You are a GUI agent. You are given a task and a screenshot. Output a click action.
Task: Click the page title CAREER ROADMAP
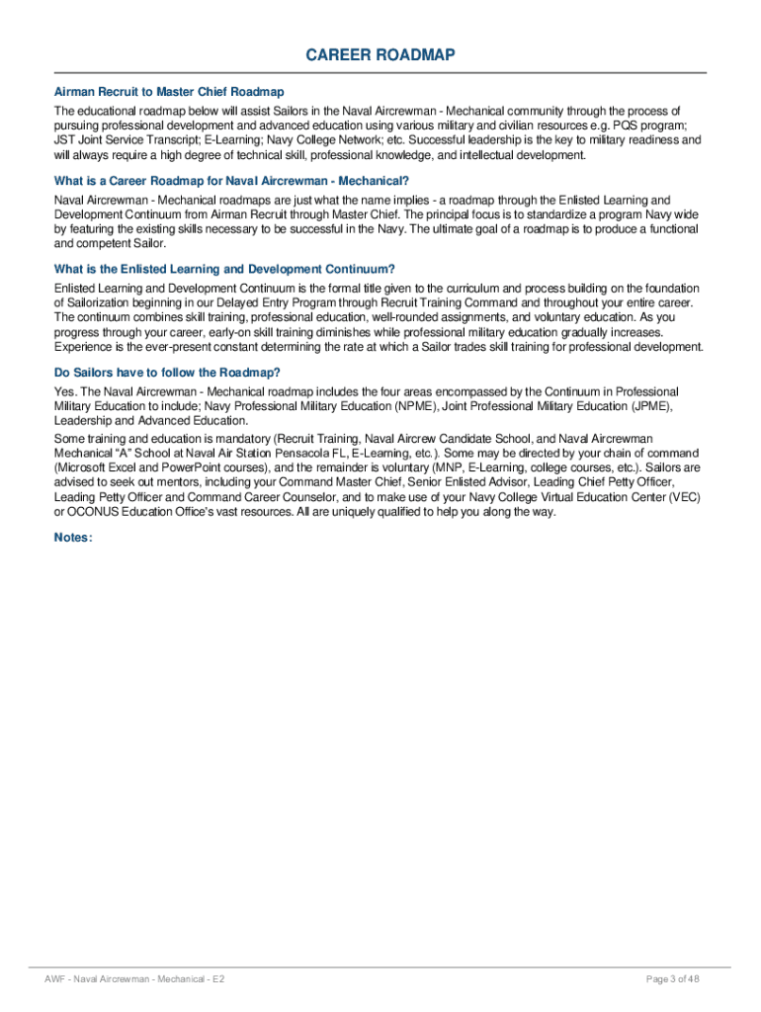click(380, 55)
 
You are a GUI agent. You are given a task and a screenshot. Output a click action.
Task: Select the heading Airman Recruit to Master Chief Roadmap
click(169, 92)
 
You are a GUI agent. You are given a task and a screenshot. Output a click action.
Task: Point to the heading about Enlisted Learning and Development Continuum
click(224, 269)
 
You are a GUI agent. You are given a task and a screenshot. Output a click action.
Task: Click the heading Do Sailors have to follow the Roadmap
click(167, 373)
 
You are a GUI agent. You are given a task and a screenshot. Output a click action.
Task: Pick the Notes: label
click(74, 538)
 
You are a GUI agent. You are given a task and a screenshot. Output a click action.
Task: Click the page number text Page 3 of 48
click(673, 978)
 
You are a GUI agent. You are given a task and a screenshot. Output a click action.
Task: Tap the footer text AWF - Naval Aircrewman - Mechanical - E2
click(137, 978)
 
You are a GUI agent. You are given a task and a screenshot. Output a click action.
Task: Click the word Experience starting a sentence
click(84, 347)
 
